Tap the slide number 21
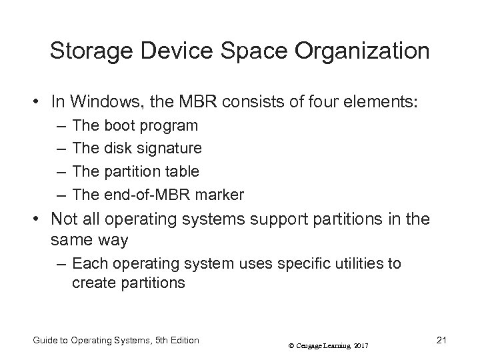click(x=441, y=341)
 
